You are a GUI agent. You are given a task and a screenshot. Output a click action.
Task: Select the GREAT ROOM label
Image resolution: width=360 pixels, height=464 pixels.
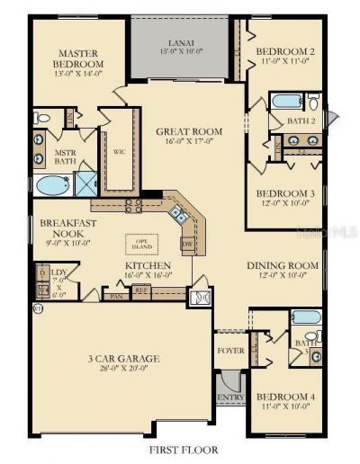click(189, 131)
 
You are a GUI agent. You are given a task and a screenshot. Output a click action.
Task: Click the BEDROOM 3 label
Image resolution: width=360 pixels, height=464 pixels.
click(284, 194)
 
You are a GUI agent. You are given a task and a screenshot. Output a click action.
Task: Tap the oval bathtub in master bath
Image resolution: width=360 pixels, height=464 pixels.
click(52, 186)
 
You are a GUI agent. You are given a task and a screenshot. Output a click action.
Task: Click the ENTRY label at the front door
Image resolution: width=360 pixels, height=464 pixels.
click(230, 397)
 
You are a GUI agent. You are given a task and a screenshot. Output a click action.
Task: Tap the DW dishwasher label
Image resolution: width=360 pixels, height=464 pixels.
click(186, 244)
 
